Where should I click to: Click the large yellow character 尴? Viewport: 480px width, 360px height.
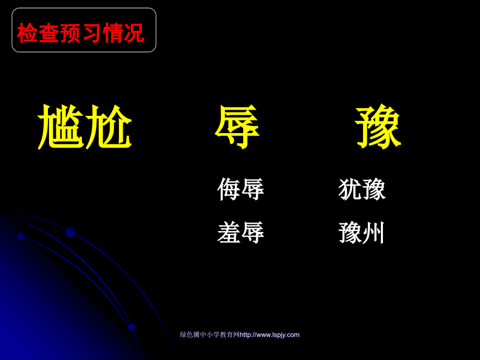(x=61, y=127)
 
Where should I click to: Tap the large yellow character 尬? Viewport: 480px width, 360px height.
(x=109, y=127)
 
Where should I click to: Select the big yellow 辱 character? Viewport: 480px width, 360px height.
(x=237, y=127)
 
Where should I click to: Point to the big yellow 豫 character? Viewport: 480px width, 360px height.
(x=378, y=127)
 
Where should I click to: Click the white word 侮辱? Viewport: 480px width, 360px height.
(x=241, y=189)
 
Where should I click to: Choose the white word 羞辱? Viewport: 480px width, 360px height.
(x=241, y=233)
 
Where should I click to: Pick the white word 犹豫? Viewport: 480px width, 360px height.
(x=362, y=189)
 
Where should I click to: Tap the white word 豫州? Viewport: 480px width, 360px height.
(x=362, y=233)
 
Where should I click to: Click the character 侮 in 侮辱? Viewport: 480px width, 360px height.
(x=229, y=189)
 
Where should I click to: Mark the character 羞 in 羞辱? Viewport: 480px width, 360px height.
(x=229, y=233)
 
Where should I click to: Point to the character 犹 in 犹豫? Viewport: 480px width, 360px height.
(x=350, y=189)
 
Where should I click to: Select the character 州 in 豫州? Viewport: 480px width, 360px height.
(x=374, y=233)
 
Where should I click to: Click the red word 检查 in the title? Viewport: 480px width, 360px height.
(x=39, y=33)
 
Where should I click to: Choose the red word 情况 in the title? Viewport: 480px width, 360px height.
(x=123, y=33)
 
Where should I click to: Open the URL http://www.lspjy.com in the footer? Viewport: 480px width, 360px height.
(x=269, y=335)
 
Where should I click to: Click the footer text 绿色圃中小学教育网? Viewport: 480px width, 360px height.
(x=209, y=335)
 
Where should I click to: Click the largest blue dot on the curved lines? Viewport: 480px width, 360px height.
(x=71, y=232)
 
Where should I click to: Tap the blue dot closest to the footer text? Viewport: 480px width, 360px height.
(x=131, y=327)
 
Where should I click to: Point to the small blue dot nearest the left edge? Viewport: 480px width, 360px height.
(x=21, y=236)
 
